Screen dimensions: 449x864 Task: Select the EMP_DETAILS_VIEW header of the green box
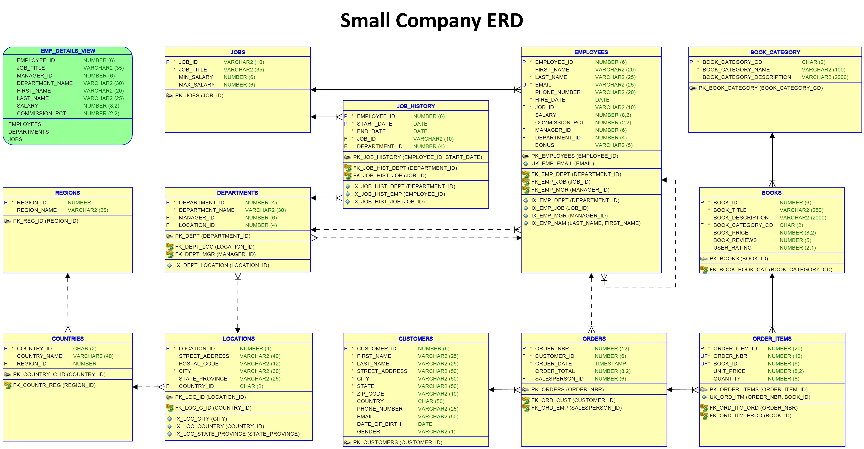68,51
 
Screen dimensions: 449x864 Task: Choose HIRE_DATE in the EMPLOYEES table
550,100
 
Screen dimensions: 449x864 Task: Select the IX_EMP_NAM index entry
585,223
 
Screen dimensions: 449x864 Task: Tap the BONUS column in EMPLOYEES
544,145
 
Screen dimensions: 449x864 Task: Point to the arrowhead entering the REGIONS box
68,276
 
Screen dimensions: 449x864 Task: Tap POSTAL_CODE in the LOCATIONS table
199,363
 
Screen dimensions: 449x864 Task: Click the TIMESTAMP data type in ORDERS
610,363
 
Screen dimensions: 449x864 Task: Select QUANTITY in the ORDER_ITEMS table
727,379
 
